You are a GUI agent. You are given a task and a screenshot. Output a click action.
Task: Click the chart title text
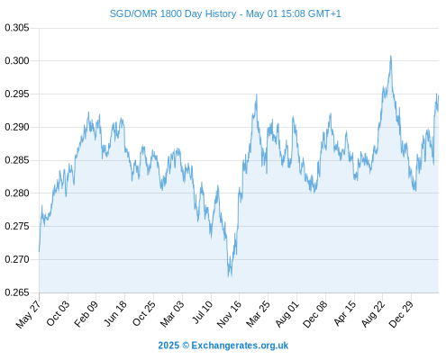coord(225,13)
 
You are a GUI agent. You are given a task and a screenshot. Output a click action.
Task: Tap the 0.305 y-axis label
coord(17,28)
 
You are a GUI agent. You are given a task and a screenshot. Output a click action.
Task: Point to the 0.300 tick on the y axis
coord(17,61)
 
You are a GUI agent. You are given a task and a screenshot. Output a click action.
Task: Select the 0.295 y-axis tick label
coord(17,94)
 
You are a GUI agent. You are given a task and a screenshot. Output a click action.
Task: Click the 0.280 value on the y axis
coord(17,193)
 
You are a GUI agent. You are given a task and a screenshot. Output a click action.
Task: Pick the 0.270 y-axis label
coord(17,259)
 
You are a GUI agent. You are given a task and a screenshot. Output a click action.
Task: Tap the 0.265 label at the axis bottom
coord(17,292)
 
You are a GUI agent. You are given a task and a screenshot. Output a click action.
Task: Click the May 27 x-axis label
coord(28,314)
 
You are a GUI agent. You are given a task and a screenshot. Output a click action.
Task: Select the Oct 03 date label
coord(58,313)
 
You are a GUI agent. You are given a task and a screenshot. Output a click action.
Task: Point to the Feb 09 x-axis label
coord(86,314)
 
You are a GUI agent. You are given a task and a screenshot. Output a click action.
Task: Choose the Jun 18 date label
coord(115,313)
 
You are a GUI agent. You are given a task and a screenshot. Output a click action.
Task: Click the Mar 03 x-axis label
coord(172,314)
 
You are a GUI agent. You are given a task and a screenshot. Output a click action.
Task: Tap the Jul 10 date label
coord(203,312)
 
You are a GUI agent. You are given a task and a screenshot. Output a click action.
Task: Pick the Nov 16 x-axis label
coord(229,314)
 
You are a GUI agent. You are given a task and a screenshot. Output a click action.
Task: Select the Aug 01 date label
coord(287,314)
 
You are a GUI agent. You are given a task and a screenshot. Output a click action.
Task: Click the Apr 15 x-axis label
coord(345,313)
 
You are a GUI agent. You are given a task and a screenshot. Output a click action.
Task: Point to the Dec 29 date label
coord(401,314)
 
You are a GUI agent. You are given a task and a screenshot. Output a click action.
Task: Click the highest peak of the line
coord(391,56)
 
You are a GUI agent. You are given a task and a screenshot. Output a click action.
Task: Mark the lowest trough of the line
coord(229,276)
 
